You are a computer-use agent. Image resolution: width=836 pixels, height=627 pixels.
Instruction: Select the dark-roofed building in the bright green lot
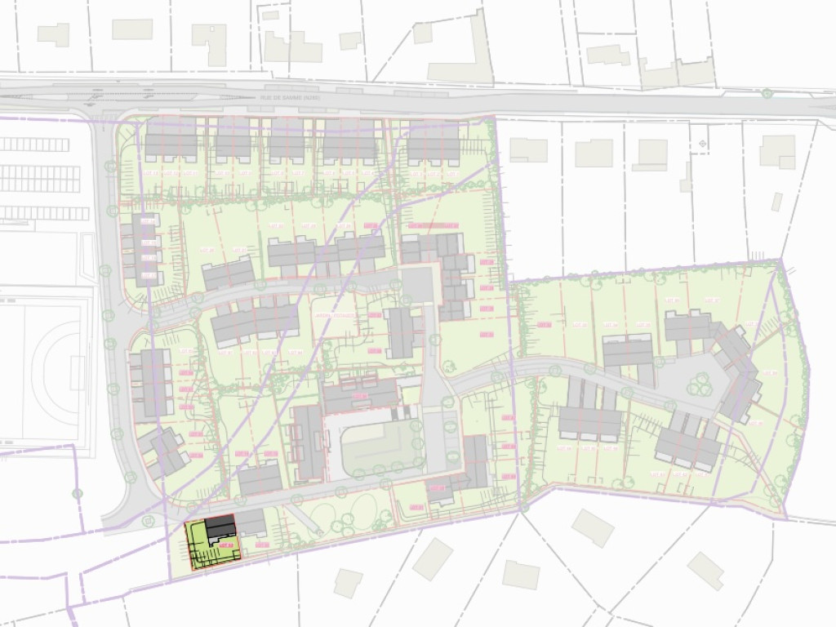[x=220, y=530]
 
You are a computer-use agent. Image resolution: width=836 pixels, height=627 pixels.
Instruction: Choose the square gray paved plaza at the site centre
[x=418, y=285]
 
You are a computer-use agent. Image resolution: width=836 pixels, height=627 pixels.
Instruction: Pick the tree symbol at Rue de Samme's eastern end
[x=767, y=93]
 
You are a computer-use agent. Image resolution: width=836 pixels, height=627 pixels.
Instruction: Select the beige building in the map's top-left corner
[x=53, y=34]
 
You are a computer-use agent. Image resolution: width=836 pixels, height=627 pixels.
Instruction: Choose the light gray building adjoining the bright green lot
[x=251, y=522]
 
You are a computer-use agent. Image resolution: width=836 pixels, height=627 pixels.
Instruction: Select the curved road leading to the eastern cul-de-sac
[x=539, y=371]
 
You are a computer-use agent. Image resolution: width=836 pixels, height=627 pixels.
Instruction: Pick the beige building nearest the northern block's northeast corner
[x=528, y=149]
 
